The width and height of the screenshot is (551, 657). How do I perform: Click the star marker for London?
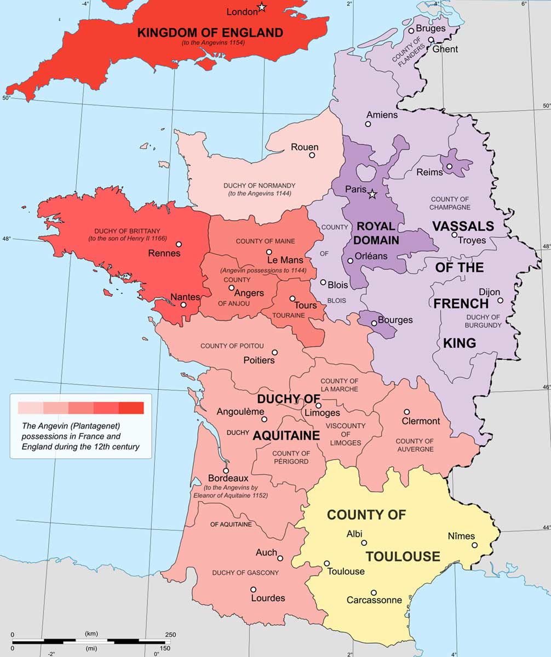(262, 7)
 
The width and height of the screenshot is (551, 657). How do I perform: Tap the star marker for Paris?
(372, 194)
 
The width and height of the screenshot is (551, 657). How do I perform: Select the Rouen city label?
(305, 147)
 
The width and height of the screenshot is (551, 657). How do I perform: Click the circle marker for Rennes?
(179, 244)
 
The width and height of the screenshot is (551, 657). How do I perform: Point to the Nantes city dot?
(183, 305)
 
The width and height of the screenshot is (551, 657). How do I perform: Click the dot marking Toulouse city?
(327, 563)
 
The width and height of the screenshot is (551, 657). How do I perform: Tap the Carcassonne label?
(374, 600)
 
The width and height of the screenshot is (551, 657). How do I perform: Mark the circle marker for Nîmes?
(475, 545)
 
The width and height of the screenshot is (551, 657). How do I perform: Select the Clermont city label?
(421, 421)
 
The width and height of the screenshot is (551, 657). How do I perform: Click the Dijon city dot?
(500, 300)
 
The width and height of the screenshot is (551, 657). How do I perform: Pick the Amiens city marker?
(368, 124)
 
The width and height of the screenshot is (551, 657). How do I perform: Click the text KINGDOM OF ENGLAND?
(210, 33)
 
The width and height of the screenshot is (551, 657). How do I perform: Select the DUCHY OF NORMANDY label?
(259, 186)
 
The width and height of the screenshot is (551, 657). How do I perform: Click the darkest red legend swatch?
(131, 408)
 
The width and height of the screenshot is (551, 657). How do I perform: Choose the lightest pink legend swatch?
(31, 408)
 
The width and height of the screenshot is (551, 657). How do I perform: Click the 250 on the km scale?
(170, 635)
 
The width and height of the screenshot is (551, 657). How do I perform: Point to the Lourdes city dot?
(253, 590)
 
